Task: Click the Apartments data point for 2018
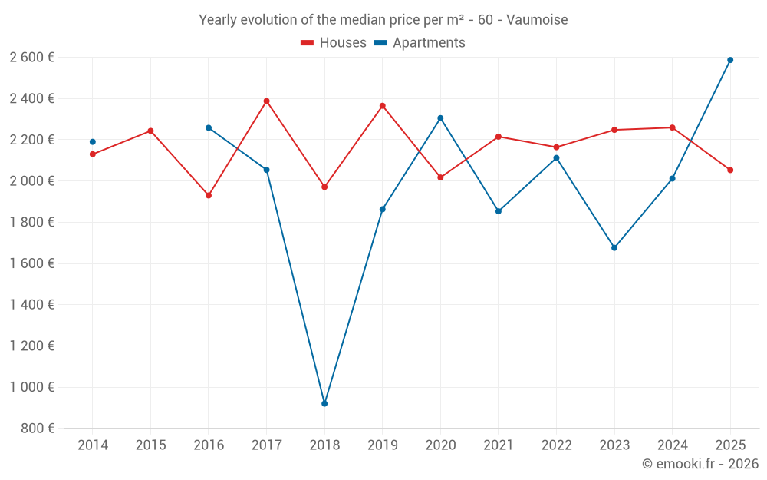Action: click(324, 403)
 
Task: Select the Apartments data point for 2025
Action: click(730, 60)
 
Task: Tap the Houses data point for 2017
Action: click(266, 101)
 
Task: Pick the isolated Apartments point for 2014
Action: click(93, 141)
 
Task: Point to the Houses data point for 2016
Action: click(209, 195)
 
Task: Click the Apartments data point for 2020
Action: click(440, 118)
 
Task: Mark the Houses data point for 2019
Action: click(383, 106)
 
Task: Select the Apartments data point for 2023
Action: click(614, 247)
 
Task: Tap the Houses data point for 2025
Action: click(730, 170)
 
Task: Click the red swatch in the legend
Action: click(308, 43)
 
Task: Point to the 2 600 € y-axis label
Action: click(31, 58)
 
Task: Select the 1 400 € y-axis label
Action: click(31, 305)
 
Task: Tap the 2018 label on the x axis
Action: click(324, 445)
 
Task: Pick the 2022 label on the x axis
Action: click(556, 445)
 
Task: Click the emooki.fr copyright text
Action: click(700, 464)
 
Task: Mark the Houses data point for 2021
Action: click(499, 137)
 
